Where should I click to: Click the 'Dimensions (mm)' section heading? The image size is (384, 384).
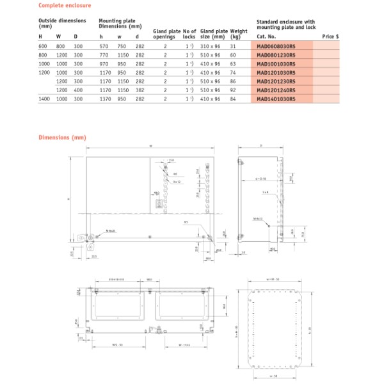(62, 138)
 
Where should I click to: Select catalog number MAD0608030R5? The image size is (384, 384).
(276, 46)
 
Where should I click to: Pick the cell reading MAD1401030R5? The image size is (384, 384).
(276, 99)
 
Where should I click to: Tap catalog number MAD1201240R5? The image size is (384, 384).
(276, 90)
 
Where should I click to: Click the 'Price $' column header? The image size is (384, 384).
(330, 37)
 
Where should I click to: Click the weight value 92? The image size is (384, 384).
(234, 90)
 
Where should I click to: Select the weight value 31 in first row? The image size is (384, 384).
(234, 46)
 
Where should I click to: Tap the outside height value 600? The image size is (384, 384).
(43, 46)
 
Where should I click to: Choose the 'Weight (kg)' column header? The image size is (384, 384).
(239, 33)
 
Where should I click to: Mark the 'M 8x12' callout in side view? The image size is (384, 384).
(259, 219)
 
